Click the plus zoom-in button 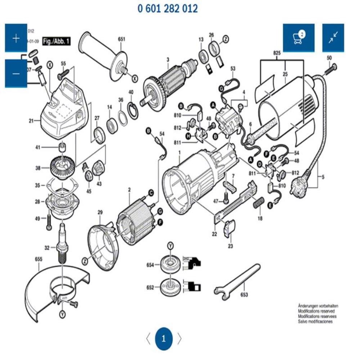pos(16,38)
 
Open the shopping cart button pos(298,37)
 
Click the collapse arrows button pos(333,37)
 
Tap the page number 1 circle pos(164,338)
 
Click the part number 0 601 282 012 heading pos(168,8)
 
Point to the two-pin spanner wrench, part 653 pos(238,279)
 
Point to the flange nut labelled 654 pos(170,265)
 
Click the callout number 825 pos(277,53)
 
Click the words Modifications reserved pos(316,311)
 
